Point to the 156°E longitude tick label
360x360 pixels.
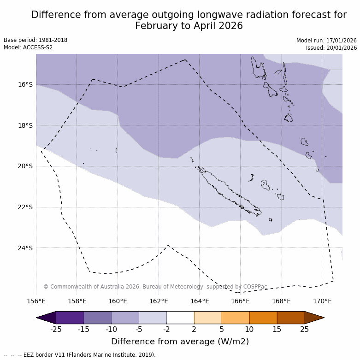tap(36, 301)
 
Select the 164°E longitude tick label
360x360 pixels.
tap(200, 301)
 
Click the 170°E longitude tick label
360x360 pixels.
tap(322, 301)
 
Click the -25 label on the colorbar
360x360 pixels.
tap(56, 329)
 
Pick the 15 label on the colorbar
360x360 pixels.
tap(277, 329)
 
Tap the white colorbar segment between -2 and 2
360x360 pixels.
tap(180, 318)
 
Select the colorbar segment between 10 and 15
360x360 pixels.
tap(263, 318)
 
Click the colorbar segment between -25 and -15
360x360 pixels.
tap(70, 318)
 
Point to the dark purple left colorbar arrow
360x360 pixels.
tap(46, 318)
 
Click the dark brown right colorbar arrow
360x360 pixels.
tap(314, 318)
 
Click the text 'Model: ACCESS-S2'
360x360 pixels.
tap(28, 47)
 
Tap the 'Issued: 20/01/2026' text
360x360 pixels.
tap(331, 48)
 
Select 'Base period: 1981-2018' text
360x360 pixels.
tap(35, 40)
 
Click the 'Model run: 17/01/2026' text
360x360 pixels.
tap(326, 41)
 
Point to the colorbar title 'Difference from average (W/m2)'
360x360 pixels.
tap(180, 342)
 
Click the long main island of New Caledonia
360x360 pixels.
tap(228, 191)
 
